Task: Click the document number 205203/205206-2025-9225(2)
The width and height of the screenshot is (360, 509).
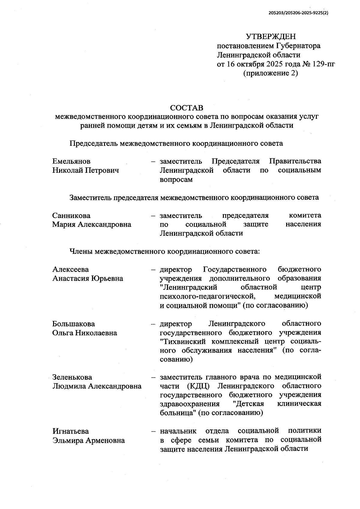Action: click(298, 13)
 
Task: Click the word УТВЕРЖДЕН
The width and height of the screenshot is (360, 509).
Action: click(271, 37)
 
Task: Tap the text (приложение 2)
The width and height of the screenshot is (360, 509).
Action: click(271, 73)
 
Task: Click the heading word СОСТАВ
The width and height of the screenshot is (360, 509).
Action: click(187, 108)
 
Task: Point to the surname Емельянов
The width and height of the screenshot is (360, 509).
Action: click(71, 161)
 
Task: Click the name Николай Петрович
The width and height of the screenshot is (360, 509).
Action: click(85, 170)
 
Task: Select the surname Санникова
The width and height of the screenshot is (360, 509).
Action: click(71, 216)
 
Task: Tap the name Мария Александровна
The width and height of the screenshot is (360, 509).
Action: click(92, 224)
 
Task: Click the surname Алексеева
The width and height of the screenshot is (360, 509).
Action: click(71, 269)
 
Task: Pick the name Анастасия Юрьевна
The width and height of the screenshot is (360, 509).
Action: click(88, 278)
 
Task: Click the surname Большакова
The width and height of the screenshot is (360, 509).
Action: click(73, 324)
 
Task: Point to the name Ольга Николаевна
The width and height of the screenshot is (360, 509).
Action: click(85, 333)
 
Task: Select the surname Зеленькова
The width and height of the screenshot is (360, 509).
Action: click(72, 377)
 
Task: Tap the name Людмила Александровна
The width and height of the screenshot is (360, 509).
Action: click(97, 386)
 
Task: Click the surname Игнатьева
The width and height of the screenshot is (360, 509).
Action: click(71, 431)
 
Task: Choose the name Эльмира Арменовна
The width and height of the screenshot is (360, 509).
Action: click(89, 440)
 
